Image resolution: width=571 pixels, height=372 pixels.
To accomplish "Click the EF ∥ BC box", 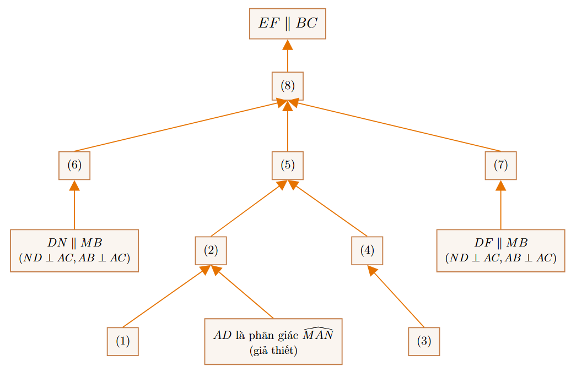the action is pyautogui.click(x=287, y=24).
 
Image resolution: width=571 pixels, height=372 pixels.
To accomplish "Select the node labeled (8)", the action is pyautogui.click(x=287, y=86).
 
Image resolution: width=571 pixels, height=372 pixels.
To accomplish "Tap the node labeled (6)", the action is pyautogui.click(x=74, y=166).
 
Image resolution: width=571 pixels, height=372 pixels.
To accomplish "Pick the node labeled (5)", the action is pyautogui.click(x=287, y=166).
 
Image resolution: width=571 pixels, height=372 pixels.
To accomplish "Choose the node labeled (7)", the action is pyautogui.click(x=500, y=166).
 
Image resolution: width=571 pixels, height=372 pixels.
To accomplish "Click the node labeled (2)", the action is pyautogui.click(x=211, y=250).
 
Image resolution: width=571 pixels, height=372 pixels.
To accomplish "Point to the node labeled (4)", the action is pyautogui.click(x=367, y=250).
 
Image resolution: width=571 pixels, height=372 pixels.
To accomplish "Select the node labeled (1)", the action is pyautogui.click(x=123, y=341).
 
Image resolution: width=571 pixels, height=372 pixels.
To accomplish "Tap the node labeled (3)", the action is pyautogui.click(x=424, y=341).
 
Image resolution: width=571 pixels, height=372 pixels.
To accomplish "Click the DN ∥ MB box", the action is pyautogui.click(x=74, y=250).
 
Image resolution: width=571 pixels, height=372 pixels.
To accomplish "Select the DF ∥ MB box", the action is pyautogui.click(x=500, y=250).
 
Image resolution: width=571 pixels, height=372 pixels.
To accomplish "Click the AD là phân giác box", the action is pyautogui.click(x=273, y=341).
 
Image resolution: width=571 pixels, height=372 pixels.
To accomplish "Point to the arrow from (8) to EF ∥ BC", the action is pyautogui.click(x=287, y=56).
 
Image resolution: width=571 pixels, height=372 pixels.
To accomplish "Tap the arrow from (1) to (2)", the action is pyautogui.click(x=167, y=296).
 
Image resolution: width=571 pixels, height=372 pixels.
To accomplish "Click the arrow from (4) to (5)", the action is pyautogui.click(x=327, y=208).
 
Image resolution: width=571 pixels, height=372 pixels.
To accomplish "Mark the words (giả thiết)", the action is pyautogui.click(x=273, y=351).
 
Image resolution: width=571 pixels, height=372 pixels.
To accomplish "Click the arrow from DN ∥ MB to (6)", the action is pyautogui.click(x=74, y=205).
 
